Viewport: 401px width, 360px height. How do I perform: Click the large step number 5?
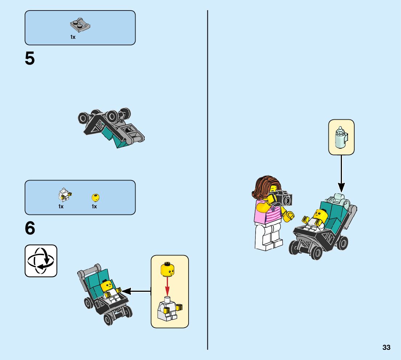(x=30, y=59)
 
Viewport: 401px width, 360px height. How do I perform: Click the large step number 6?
(x=30, y=229)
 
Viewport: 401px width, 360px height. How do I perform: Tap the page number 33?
(x=386, y=348)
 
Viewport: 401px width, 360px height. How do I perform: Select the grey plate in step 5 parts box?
(x=80, y=25)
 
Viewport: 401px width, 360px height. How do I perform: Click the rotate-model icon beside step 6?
(x=41, y=261)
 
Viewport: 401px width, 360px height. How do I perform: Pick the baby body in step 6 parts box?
(x=64, y=196)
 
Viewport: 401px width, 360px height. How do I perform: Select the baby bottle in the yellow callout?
(x=340, y=137)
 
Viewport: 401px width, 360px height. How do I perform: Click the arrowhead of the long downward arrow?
(x=341, y=188)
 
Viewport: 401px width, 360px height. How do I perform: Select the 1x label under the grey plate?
(x=73, y=37)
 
